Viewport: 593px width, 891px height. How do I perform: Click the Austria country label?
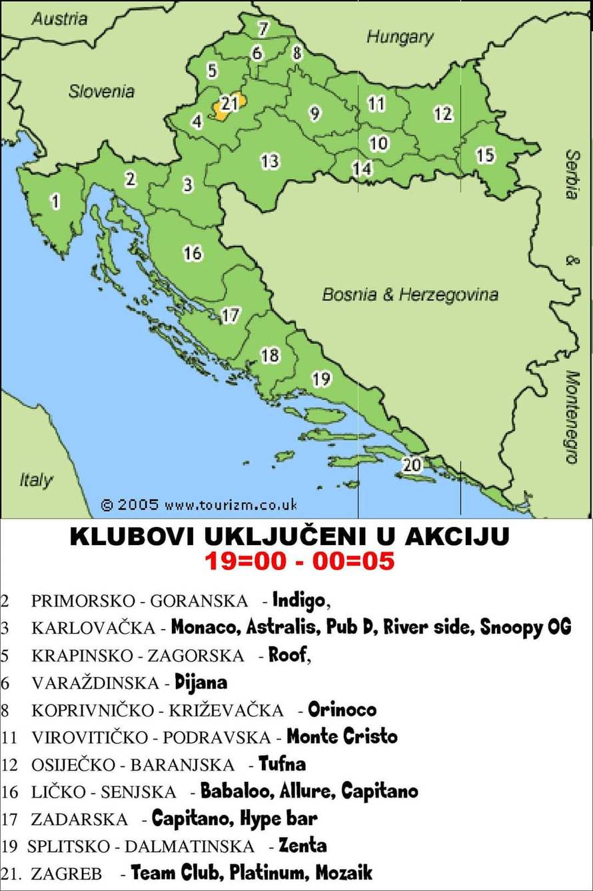click(x=59, y=19)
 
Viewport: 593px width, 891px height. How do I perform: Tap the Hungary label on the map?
click(x=399, y=37)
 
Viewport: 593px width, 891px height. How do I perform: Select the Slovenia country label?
click(x=101, y=91)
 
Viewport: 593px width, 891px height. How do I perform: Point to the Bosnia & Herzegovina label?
click(x=410, y=294)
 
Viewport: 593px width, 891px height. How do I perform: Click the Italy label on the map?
click(x=36, y=480)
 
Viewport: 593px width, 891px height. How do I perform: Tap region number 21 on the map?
click(x=229, y=104)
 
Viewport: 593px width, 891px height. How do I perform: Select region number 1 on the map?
click(x=55, y=201)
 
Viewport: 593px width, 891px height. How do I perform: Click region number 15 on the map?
click(x=485, y=155)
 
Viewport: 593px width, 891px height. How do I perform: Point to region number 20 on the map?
click(x=412, y=464)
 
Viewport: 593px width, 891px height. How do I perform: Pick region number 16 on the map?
click(x=193, y=253)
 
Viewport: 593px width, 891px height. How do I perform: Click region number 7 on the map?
click(x=263, y=29)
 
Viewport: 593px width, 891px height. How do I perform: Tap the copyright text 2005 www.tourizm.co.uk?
click(x=199, y=504)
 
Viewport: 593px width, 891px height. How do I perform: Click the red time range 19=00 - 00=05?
click(x=299, y=561)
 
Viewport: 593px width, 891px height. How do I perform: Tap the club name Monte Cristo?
click(x=342, y=736)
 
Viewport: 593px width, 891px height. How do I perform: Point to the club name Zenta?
click(x=302, y=846)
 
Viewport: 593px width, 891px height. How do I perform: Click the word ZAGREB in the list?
click(x=66, y=874)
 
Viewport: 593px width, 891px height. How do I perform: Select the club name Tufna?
click(x=283, y=764)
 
